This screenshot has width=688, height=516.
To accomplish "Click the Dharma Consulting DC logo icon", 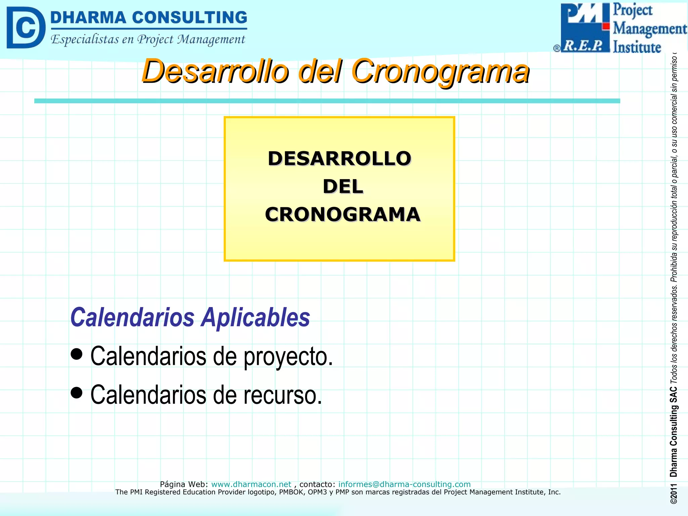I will [x=26, y=28].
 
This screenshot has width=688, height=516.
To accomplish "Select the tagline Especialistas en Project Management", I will [x=148, y=40].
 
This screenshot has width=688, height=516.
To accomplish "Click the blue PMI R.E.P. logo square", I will [x=585, y=28].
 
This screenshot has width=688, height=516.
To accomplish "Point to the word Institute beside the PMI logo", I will [x=637, y=47].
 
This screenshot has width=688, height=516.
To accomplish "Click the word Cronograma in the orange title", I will [x=440, y=71].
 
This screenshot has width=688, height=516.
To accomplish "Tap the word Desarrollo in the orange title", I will [x=215, y=71].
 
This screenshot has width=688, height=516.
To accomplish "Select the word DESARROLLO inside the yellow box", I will [x=339, y=159].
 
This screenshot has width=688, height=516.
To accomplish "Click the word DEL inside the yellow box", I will [x=343, y=186].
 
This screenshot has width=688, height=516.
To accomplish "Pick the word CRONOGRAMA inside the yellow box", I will [x=343, y=214].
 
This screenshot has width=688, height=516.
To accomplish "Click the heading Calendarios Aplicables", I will [x=190, y=317].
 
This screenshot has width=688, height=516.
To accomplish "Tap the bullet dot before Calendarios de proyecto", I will [x=77, y=354].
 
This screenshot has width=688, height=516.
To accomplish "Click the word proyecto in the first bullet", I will [x=288, y=357].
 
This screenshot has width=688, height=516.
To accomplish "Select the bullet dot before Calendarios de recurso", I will [x=77, y=392].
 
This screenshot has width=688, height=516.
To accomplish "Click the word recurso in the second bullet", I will [x=283, y=395].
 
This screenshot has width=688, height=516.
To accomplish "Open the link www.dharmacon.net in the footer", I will [x=251, y=484].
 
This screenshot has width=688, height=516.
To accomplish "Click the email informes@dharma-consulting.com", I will [x=404, y=484].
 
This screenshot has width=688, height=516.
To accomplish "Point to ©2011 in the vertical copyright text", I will [x=673, y=494].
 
